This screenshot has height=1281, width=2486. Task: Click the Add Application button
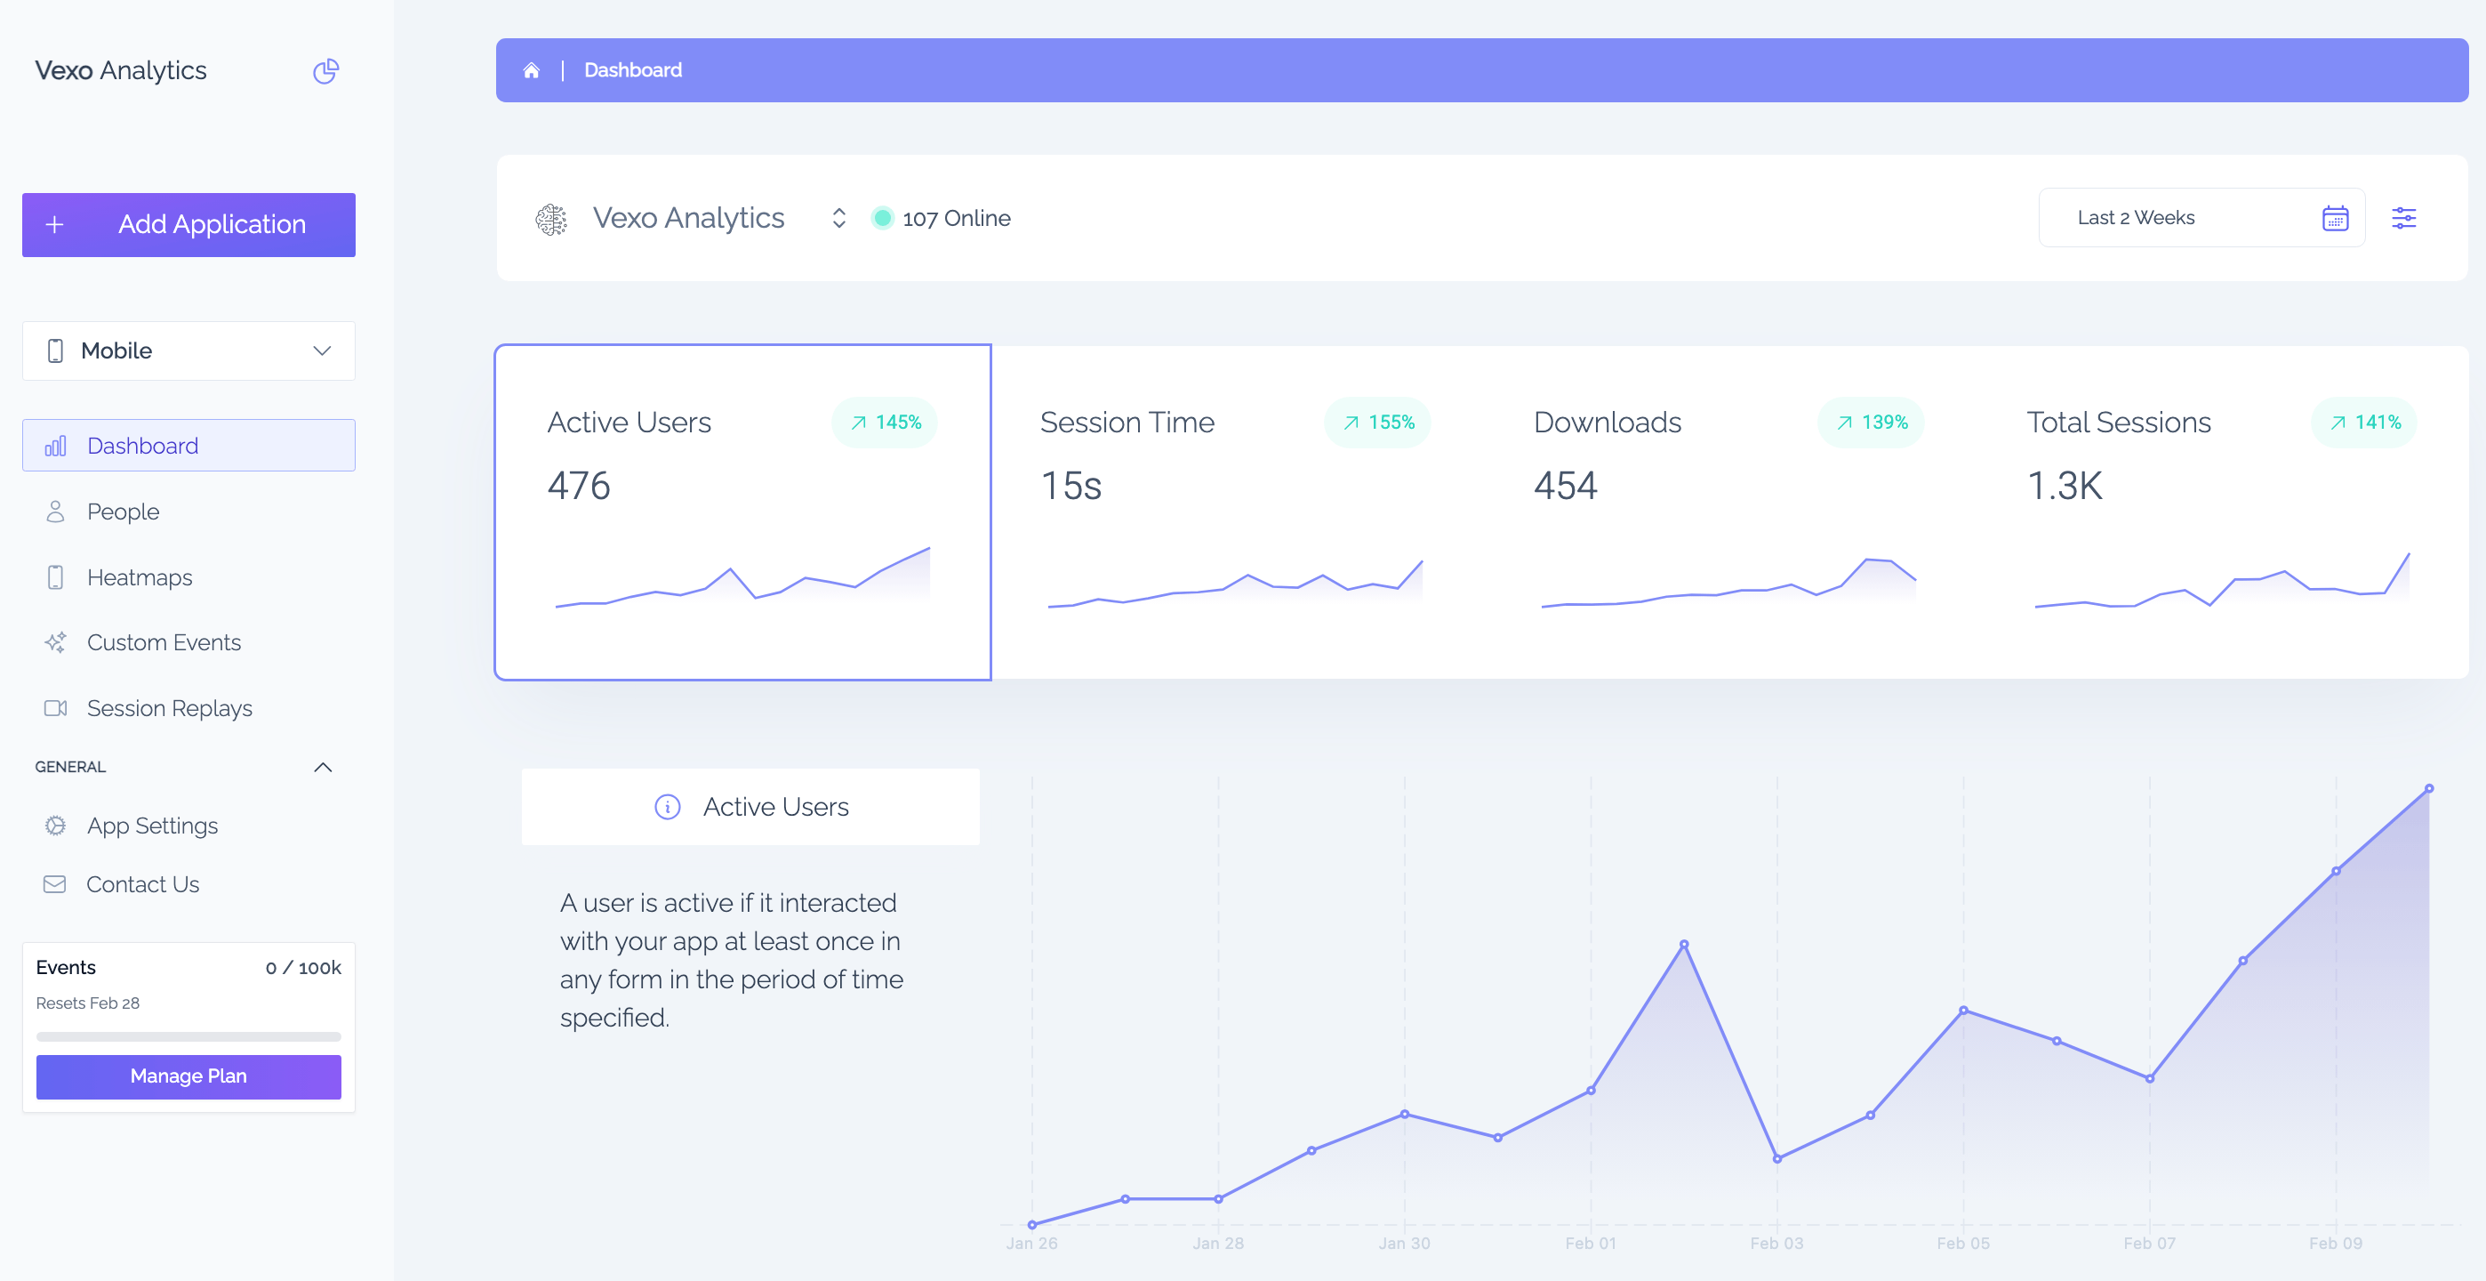click(x=188, y=224)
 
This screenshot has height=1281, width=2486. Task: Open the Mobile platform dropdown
click(x=188, y=350)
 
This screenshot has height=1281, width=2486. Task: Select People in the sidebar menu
click(x=123, y=512)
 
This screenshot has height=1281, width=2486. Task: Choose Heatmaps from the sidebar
click(x=139, y=577)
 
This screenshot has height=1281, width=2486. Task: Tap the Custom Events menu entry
click(x=163, y=642)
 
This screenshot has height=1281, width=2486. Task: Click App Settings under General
click(x=151, y=826)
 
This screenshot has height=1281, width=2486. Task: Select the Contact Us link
click(x=142, y=884)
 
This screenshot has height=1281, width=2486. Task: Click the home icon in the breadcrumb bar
click(x=531, y=69)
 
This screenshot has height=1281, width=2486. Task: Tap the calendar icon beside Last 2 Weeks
click(x=2335, y=218)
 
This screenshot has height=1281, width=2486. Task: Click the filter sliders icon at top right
click(x=2403, y=218)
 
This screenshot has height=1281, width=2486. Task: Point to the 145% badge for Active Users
click(x=885, y=422)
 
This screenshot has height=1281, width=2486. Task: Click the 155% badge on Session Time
click(x=1377, y=422)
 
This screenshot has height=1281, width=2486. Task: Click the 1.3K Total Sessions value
click(x=2065, y=485)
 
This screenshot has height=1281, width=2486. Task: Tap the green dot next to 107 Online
click(x=882, y=218)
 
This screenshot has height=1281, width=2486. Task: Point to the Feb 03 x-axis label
click(x=1776, y=1243)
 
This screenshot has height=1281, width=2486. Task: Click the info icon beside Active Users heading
click(x=667, y=806)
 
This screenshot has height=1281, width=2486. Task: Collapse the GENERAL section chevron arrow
click(x=323, y=767)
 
